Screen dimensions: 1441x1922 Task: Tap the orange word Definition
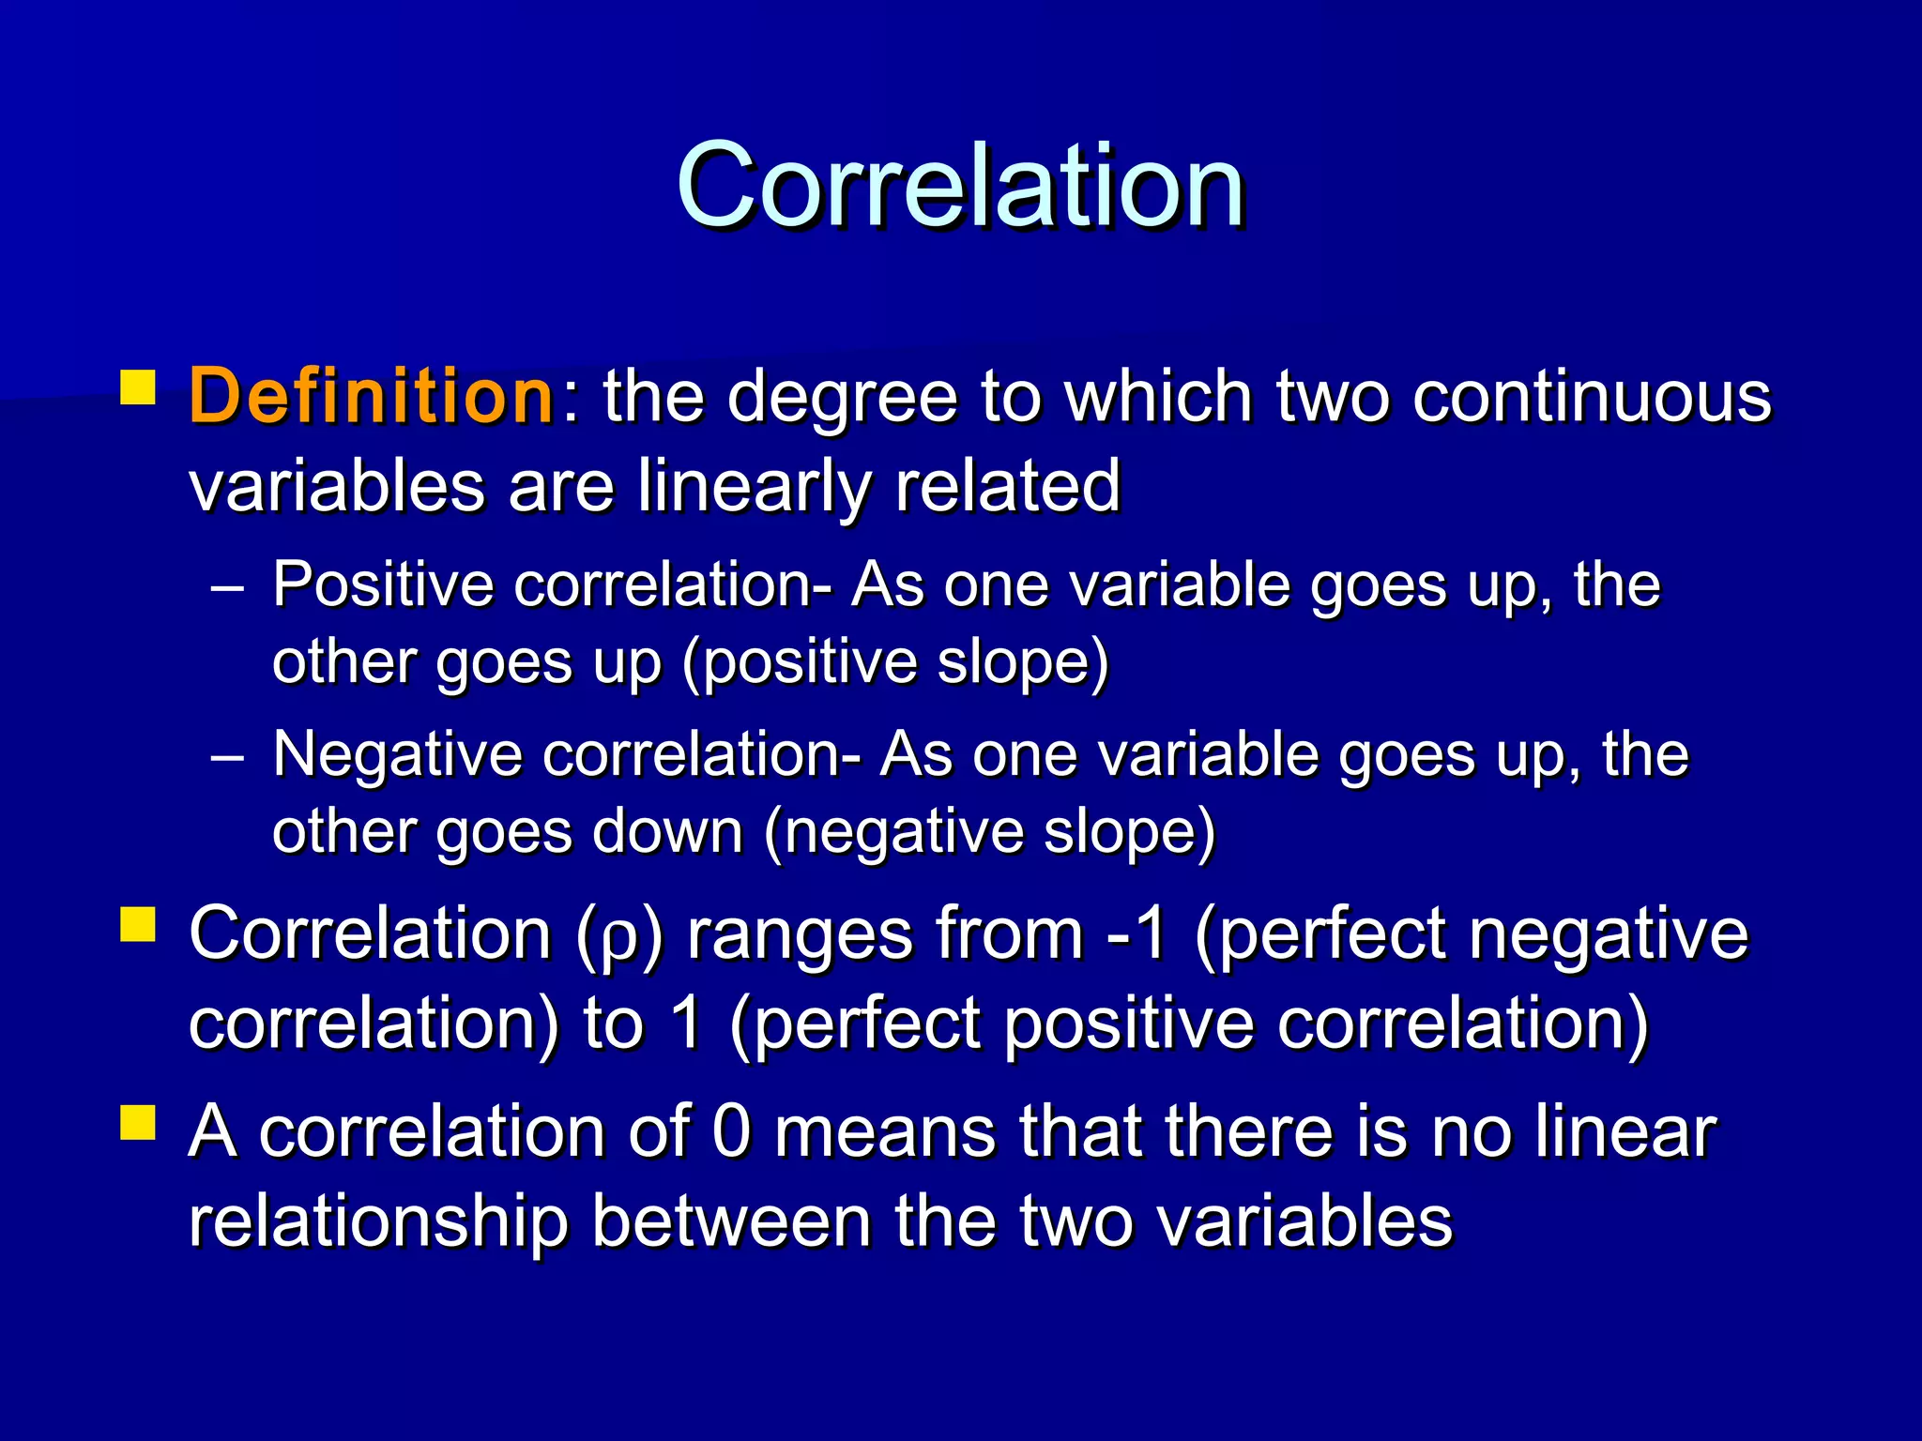[372, 397]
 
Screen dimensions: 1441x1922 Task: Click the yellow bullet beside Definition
[138, 387]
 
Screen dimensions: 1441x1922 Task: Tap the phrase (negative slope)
[989, 833]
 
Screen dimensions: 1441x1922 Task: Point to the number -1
[1136, 934]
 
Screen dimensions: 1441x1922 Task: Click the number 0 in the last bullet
[732, 1132]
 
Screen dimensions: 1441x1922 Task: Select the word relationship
[379, 1222]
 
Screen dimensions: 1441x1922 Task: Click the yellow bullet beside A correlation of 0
[138, 1121]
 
